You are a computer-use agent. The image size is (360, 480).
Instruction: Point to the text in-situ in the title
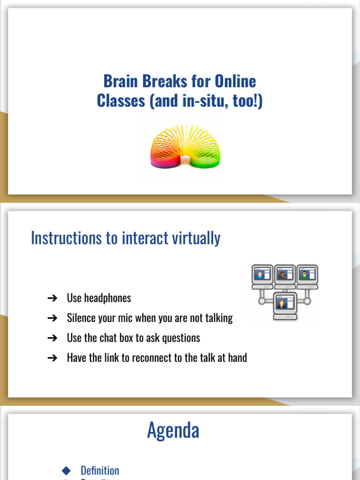201,101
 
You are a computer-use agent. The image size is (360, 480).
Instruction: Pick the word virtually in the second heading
195,238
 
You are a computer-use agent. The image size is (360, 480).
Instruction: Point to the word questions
180,338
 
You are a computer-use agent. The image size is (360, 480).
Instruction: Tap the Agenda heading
173,430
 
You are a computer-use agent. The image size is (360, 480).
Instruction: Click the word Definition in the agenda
100,471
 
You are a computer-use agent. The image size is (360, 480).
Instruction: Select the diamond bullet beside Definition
66,470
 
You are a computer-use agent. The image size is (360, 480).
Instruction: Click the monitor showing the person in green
307,276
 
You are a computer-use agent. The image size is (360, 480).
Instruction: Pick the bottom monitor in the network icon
285,305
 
